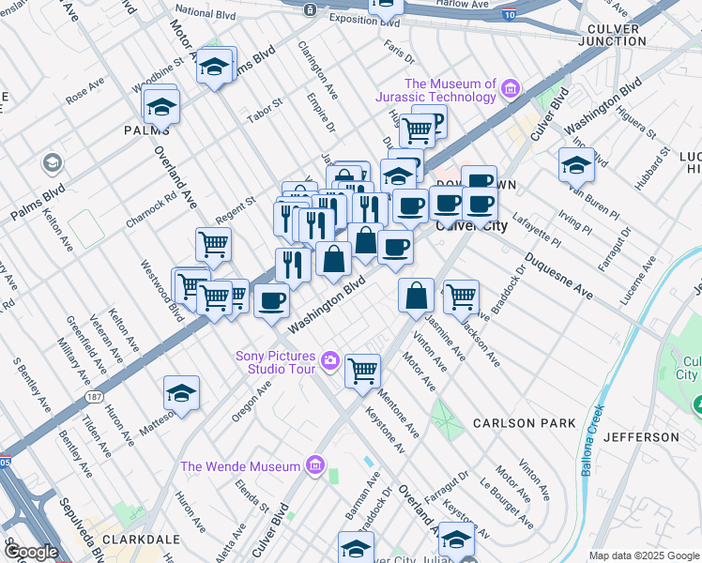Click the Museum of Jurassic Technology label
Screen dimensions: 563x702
(449, 91)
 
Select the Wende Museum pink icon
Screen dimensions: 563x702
(314, 466)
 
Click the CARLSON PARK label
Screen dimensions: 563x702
(524, 423)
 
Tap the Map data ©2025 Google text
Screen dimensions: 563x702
(645, 555)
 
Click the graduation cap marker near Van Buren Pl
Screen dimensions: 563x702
(576, 165)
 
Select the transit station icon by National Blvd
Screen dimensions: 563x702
(311, 9)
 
